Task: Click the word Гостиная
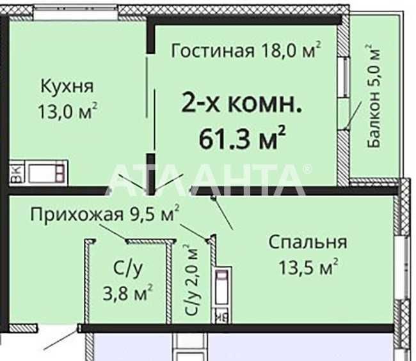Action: coord(212,51)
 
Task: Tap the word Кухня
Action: coord(67,87)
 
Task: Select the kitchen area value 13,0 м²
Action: coord(68,111)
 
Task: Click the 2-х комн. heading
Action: coord(241,104)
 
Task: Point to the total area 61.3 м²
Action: coord(242,138)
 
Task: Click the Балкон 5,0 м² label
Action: coord(374,95)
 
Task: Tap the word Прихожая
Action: coord(77,215)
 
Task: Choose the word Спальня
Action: coord(308,242)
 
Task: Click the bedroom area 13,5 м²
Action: coord(308,266)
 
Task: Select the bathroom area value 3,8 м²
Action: coord(127,292)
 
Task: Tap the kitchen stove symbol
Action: coord(46,173)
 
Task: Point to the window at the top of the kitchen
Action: coord(76,13)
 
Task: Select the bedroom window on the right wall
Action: coord(402,268)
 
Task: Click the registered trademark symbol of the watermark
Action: coord(308,169)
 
